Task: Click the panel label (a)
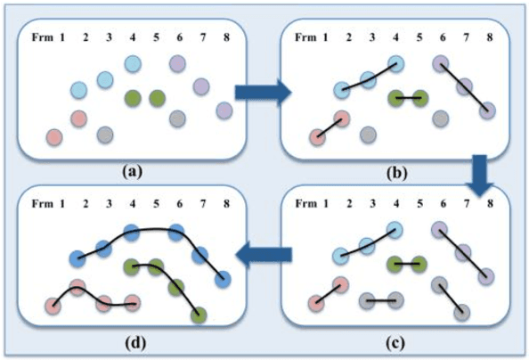point(132,168)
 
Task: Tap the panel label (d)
point(132,341)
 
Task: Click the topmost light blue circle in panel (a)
point(133,63)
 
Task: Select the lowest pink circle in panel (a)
point(53,136)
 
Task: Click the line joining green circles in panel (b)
point(408,98)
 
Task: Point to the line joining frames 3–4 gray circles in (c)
point(384,301)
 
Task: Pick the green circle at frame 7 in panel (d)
point(200,315)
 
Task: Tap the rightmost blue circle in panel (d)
point(224,280)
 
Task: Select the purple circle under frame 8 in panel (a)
point(224,110)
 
